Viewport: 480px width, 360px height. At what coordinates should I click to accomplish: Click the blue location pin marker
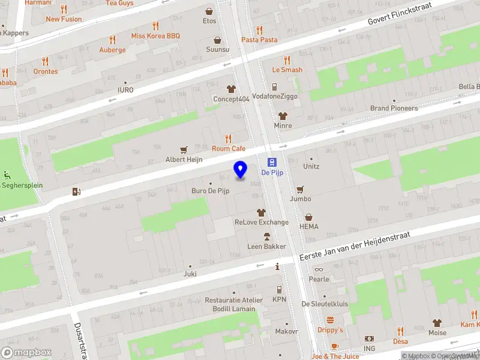tap(240, 170)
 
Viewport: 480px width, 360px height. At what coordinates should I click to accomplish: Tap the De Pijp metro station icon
tap(272, 162)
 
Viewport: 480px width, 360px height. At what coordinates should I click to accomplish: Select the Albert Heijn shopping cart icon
tap(184, 149)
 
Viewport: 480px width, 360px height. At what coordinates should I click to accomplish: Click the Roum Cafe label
tap(229, 148)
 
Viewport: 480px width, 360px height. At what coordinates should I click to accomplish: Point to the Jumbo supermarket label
tap(301, 199)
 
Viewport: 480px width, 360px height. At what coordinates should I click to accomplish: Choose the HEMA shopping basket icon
tap(309, 217)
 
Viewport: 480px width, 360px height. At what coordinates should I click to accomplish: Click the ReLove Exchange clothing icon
tap(261, 212)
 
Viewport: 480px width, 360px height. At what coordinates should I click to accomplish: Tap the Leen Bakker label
tap(266, 247)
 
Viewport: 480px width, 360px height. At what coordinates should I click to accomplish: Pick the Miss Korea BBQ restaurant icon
tap(156, 26)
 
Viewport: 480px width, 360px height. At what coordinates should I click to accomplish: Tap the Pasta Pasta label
tap(259, 40)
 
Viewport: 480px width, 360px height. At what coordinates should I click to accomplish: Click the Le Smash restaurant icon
tap(287, 59)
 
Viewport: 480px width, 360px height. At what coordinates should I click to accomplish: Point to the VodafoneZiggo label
tap(274, 96)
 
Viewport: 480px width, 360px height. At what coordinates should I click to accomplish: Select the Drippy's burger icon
tap(330, 320)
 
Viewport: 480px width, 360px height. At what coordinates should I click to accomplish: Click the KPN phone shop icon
tap(279, 289)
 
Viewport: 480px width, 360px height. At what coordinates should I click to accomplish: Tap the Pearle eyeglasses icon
tap(319, 269)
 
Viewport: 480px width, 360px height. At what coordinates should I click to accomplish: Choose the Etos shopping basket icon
tap(209, 11)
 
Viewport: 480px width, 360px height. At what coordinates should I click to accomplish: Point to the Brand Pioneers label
tap(394, 108)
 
